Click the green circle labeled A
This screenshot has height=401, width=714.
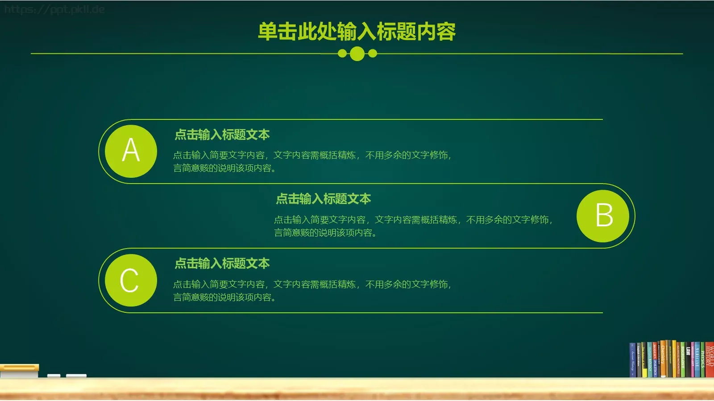[131, 151]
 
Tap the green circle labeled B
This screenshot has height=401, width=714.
[603, 216]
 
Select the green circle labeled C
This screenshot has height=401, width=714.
[131, 280]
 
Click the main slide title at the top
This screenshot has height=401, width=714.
[357, 32]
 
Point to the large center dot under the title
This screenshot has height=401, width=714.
[357, 54]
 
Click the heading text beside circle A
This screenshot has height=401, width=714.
[222, 135]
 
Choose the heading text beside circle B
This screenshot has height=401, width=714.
[324, 199]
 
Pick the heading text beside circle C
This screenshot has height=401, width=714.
[222, 263]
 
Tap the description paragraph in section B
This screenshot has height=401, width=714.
[413, 226]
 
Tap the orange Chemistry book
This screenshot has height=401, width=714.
[663, 359]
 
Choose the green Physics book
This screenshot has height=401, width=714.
[702, 360]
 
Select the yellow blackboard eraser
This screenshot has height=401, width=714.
[19, 368]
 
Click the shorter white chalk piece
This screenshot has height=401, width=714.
[54, 376]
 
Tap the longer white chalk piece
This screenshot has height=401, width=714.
[76, 376]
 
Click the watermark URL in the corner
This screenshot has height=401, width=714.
[54, 9]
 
